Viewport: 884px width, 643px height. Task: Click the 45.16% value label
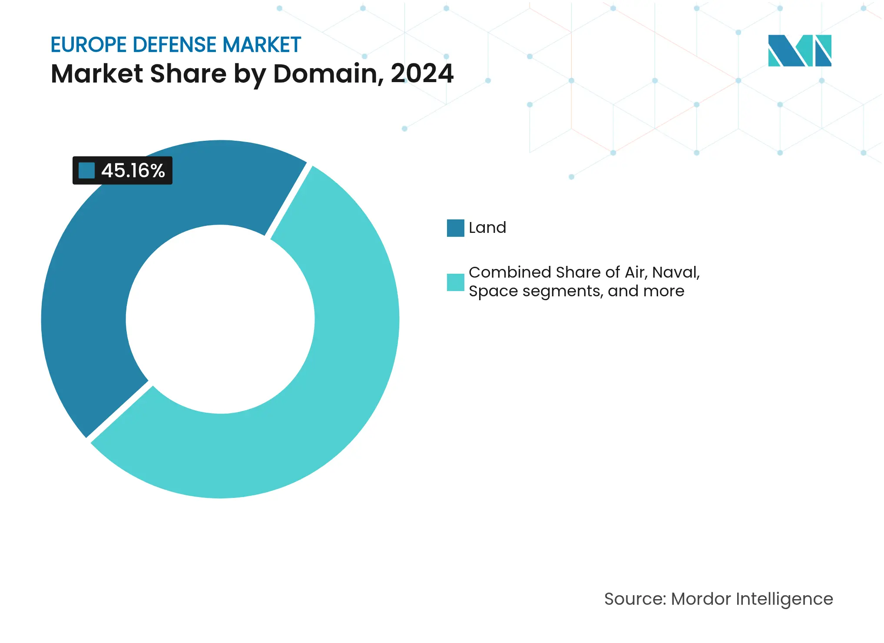pyautogui.click(x=133, y=171)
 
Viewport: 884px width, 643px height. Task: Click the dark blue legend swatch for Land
pyautogui.click(x=455, y=228)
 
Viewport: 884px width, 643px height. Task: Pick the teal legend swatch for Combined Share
pyautogui.click(x=455, y=282)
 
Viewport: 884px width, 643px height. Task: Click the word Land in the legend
pyautogui.click(x=487, y=228)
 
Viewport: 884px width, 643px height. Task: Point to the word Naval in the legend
pyautogui.click(x=675, y=272)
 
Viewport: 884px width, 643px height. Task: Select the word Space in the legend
pyautogui.click(x=493, y=291)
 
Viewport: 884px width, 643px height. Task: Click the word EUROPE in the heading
pyautogui.click(x=89, y=45)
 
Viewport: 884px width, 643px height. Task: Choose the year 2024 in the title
pyautogui.click(x=422, y=73)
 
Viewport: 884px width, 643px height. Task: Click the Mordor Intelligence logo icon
pyautogui.click(x=799, y=50)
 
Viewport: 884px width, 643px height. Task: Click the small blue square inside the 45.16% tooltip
pyautogui.click(x=86, y=170)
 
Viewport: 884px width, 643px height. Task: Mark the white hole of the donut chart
pyautogui.click(x=220, y=319)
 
